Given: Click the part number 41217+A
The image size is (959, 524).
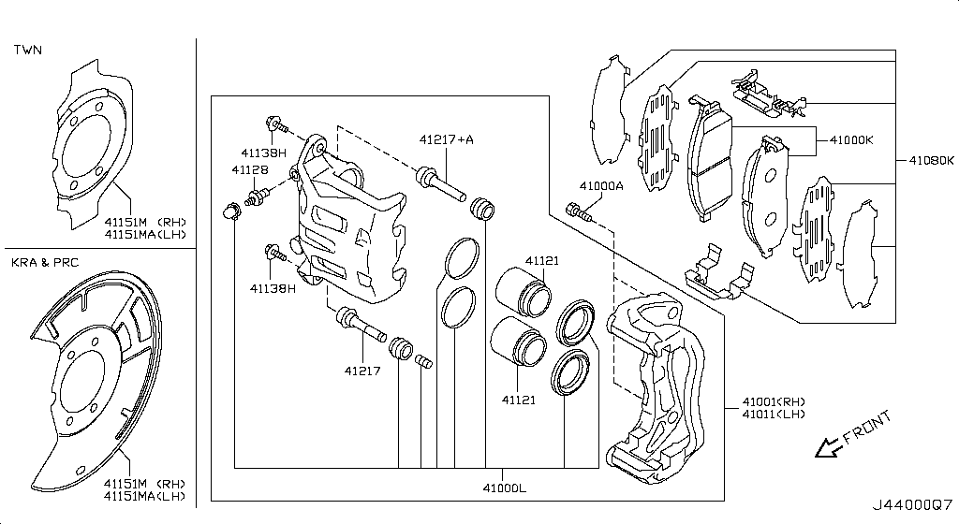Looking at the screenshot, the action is point(446,139).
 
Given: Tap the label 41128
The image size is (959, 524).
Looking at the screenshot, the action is point(249,169).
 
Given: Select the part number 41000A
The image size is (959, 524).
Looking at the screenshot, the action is point(601,185).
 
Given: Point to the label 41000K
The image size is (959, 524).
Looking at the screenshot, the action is point(851,139).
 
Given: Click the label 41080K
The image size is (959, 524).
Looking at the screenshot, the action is point(931,161).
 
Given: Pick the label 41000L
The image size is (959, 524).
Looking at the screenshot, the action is point(504,488).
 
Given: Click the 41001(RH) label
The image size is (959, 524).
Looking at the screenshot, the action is point(774,401).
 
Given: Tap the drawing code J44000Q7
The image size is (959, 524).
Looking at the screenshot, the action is point(912,505).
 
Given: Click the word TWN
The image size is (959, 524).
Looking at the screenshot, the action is point(28,50).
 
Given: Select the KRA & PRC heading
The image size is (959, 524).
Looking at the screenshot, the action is point(45,263).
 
